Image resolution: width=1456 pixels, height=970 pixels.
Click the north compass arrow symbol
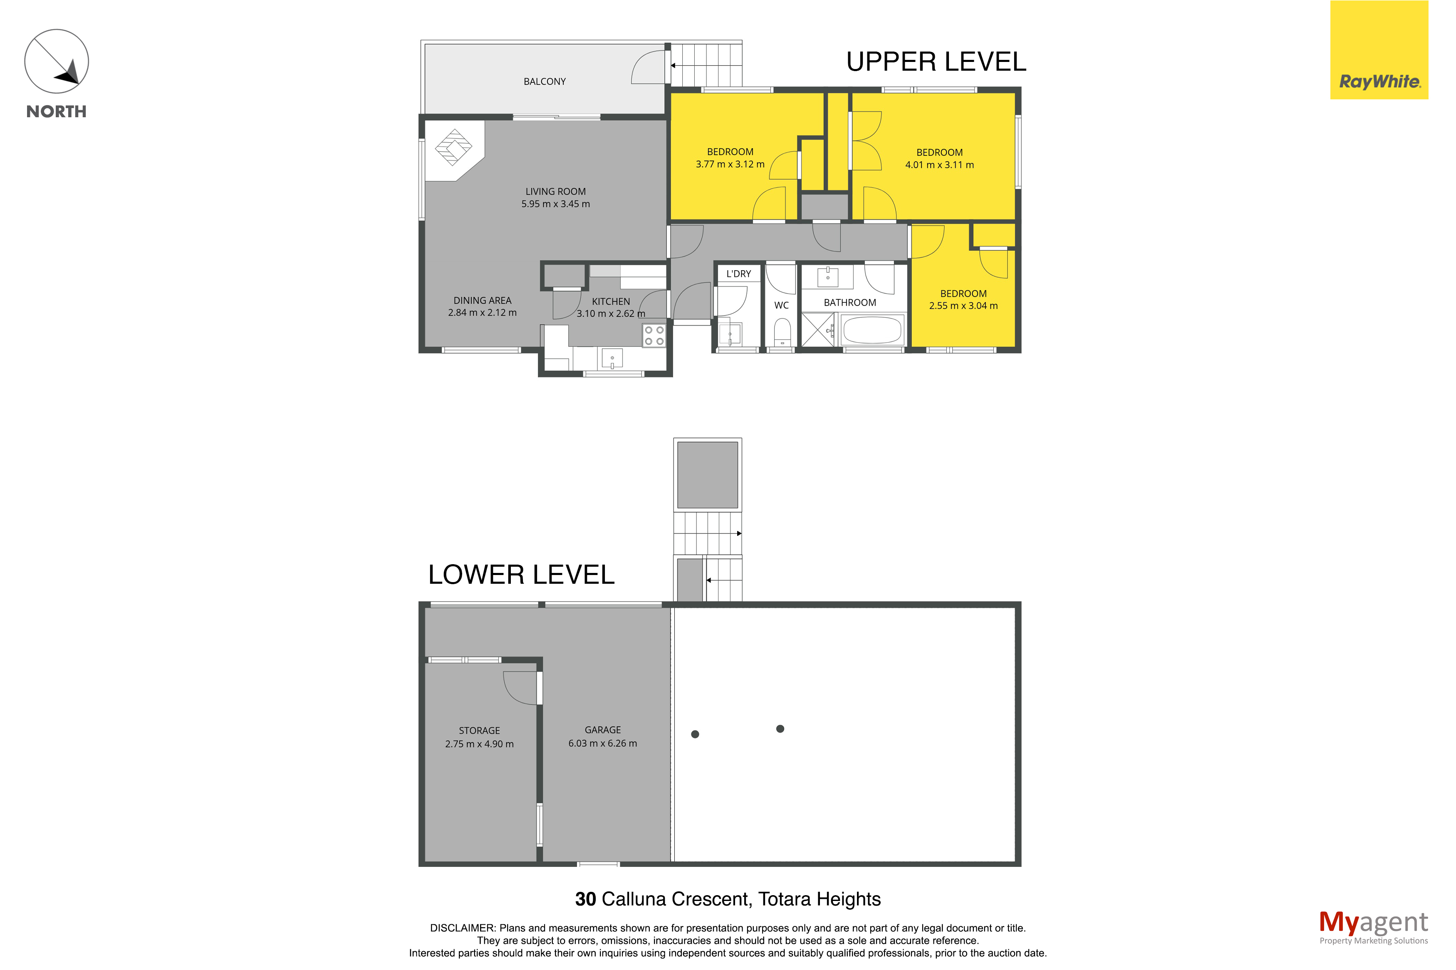(56, 62)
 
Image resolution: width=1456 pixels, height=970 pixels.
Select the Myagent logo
(1373, 927)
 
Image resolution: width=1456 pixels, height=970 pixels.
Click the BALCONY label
(545, 81)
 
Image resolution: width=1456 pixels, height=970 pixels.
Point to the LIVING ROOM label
(556, 192)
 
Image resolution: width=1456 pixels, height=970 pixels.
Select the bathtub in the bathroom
(872, 330)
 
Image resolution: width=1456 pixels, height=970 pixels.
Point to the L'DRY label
(738, 274)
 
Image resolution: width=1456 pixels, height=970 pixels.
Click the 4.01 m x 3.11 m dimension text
(939, 165)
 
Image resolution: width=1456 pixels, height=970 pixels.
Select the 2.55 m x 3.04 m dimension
(963, 306)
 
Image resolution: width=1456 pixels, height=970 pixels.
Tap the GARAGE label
(603, 730)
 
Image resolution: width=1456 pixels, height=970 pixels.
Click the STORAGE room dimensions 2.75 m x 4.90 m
(480, 744)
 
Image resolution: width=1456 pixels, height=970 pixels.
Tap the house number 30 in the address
(585, 899)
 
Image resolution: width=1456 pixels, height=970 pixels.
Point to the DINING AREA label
(483, 301)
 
